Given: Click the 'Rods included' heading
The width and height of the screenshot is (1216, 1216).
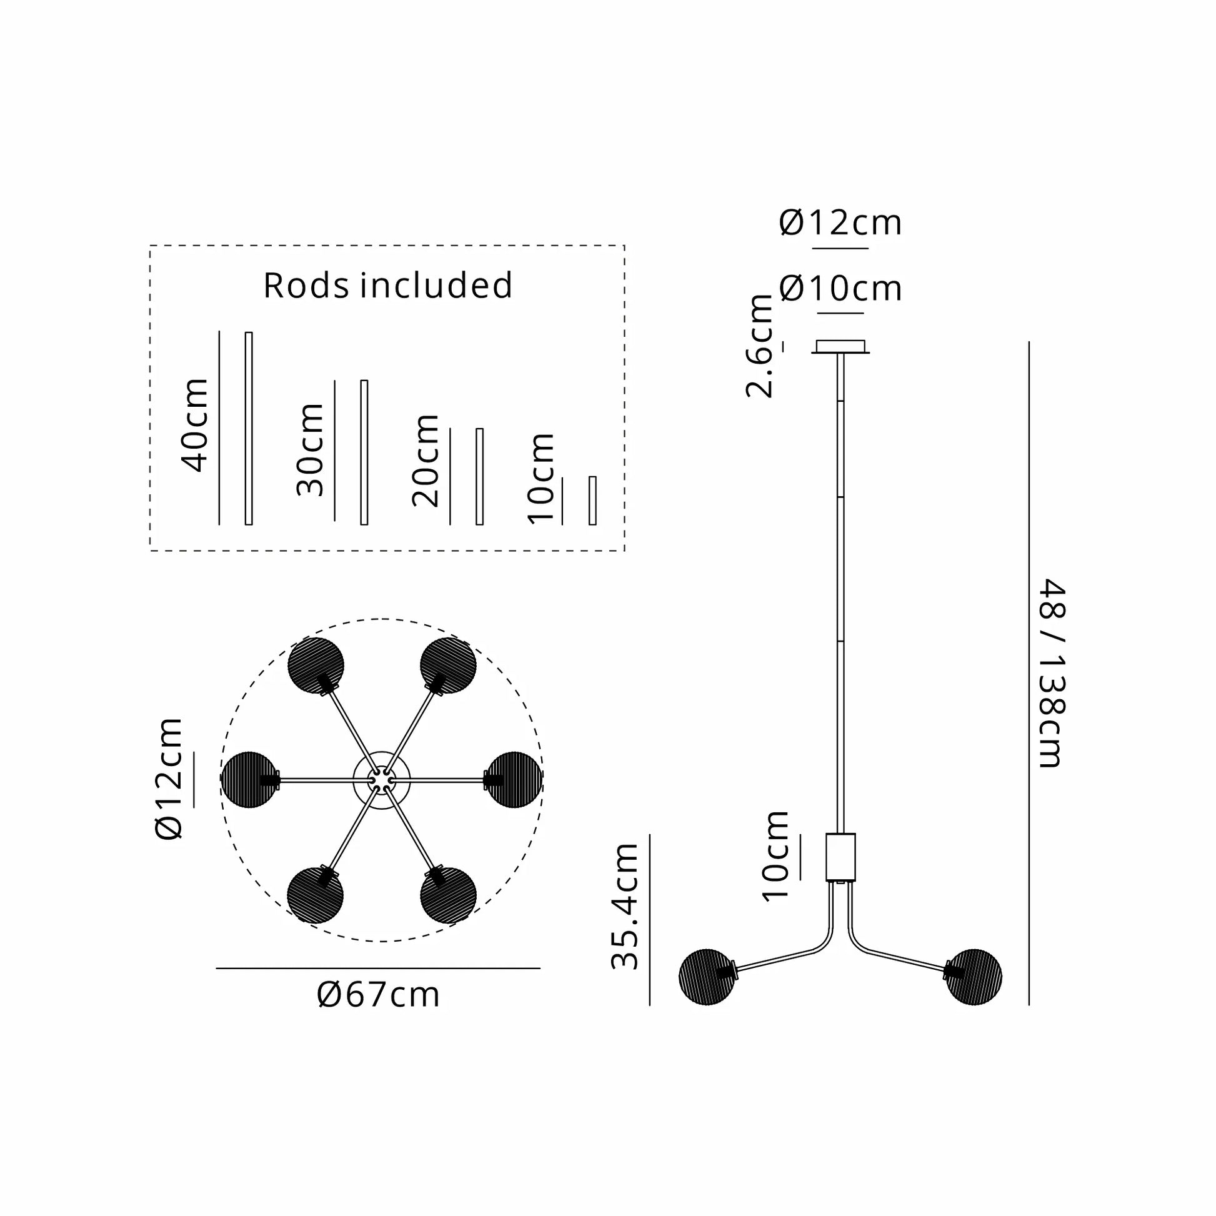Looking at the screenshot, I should point(387,286).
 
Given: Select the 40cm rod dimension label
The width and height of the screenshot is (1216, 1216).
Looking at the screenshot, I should point(195,425).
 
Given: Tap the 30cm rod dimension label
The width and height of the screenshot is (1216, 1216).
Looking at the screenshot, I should point(311,450).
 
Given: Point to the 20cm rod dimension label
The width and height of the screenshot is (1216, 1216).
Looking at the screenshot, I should point(426,461).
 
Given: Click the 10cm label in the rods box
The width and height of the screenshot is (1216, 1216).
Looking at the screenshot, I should point(541,479).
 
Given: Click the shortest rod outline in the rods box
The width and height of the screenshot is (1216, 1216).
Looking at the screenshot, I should point(592,501).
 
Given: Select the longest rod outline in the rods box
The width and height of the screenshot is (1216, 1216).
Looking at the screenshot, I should point(249,428).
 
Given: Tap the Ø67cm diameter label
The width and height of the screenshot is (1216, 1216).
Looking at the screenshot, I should point(378,995).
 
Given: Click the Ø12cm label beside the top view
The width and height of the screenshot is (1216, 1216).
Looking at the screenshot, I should point(169,779).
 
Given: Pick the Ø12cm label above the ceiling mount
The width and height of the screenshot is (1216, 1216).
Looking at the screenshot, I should point(840,224).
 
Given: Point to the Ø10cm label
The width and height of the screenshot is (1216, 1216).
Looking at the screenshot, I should point(840,289).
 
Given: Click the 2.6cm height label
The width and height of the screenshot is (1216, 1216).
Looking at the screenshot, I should point(760,346).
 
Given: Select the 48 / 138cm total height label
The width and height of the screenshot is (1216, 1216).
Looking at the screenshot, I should point(1052,673).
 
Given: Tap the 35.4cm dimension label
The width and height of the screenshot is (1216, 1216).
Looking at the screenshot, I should point(625,907).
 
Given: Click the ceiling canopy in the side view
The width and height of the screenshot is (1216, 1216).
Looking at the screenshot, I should point(840,347).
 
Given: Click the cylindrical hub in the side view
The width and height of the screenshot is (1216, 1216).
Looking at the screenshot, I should point(840,857).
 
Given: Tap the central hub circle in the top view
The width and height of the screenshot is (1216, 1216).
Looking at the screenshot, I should point(381,779).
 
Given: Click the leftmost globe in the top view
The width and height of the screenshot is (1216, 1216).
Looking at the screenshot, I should point(249,779).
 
